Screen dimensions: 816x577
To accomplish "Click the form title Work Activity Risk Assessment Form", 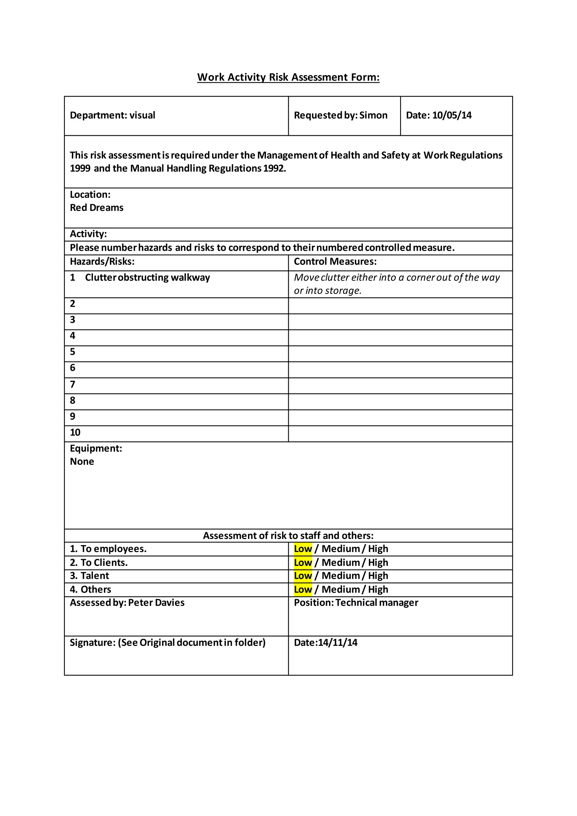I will [288, 77].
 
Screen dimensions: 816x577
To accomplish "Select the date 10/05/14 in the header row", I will [452, 115].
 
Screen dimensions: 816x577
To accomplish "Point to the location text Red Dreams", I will [97, 208].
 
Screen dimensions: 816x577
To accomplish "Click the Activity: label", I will [88, 234].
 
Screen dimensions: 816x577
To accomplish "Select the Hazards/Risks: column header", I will [102, 261].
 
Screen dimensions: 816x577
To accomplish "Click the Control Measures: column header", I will [335, 261].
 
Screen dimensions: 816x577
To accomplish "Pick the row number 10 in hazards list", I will [75, 433].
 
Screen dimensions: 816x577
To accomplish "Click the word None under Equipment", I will [82, 462].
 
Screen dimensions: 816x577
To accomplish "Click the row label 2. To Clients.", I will [99, 563].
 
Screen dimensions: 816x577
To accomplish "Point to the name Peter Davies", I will [156, 603].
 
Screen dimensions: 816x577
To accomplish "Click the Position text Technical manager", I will [377, 603].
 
